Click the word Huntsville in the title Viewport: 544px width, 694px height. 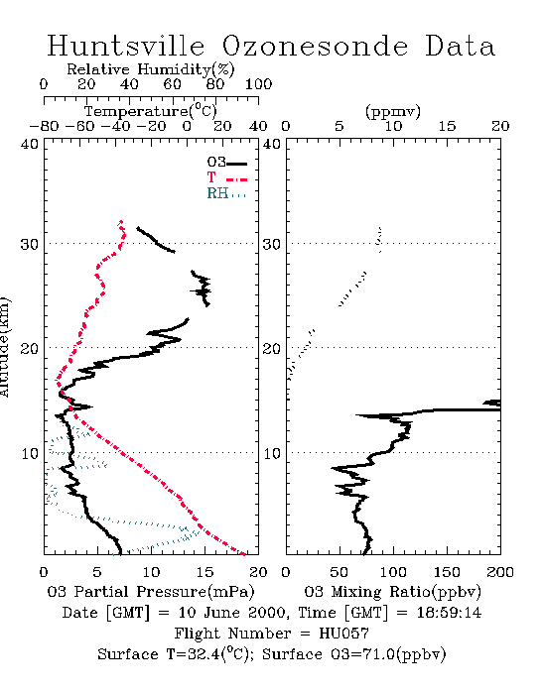pos(126,46)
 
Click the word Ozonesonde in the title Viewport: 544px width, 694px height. pos(315,46)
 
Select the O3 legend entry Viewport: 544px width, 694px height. pos(226,163)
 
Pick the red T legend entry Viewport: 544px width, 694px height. pos(226,177)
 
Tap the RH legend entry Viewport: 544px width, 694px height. pos(226,193)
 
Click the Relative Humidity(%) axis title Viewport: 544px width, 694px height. pos(151,69)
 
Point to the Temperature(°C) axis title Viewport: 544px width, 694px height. pos(151,111)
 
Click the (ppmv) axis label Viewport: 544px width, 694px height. pos(393,111)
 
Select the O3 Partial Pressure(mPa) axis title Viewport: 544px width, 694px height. pos(151,592)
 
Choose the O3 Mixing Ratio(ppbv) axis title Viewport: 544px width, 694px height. pos(392,592)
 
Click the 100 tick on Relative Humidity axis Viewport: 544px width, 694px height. pos(258,84)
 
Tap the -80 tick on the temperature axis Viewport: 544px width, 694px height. pos(44,126)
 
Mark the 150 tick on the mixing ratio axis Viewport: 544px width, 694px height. pos(447,572)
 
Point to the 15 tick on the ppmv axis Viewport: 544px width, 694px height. pos(447,126)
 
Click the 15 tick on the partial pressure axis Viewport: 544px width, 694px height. pos(204,572)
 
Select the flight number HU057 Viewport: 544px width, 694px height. pos(343,634)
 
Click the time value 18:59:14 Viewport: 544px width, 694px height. pos(449,613)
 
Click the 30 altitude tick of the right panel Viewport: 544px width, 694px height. pos(272,244)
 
